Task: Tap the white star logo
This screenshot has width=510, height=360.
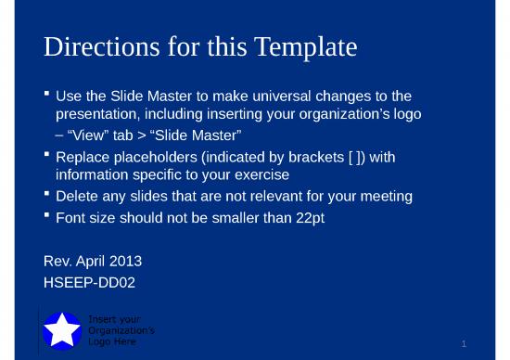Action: [63, 329]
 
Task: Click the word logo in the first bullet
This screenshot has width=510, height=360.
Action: [404, 115]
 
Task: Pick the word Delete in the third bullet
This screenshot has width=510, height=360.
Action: [78, 197]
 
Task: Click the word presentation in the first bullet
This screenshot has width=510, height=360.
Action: [99, 115]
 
